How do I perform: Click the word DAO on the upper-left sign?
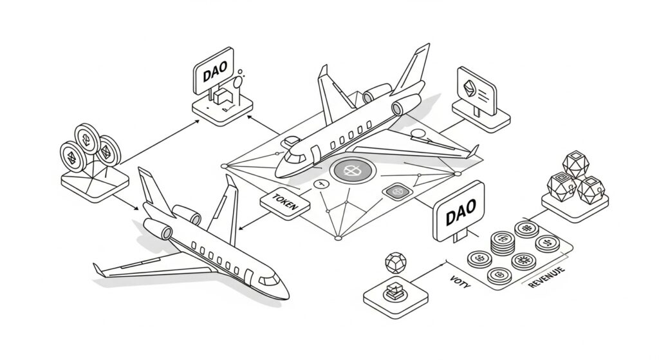coord(214,75)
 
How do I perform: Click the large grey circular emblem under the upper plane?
coord(351,171)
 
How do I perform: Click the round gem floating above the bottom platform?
coord(391,263)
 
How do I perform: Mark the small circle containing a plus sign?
coord(320,184)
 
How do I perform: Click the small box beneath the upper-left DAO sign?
coord(223,97)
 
